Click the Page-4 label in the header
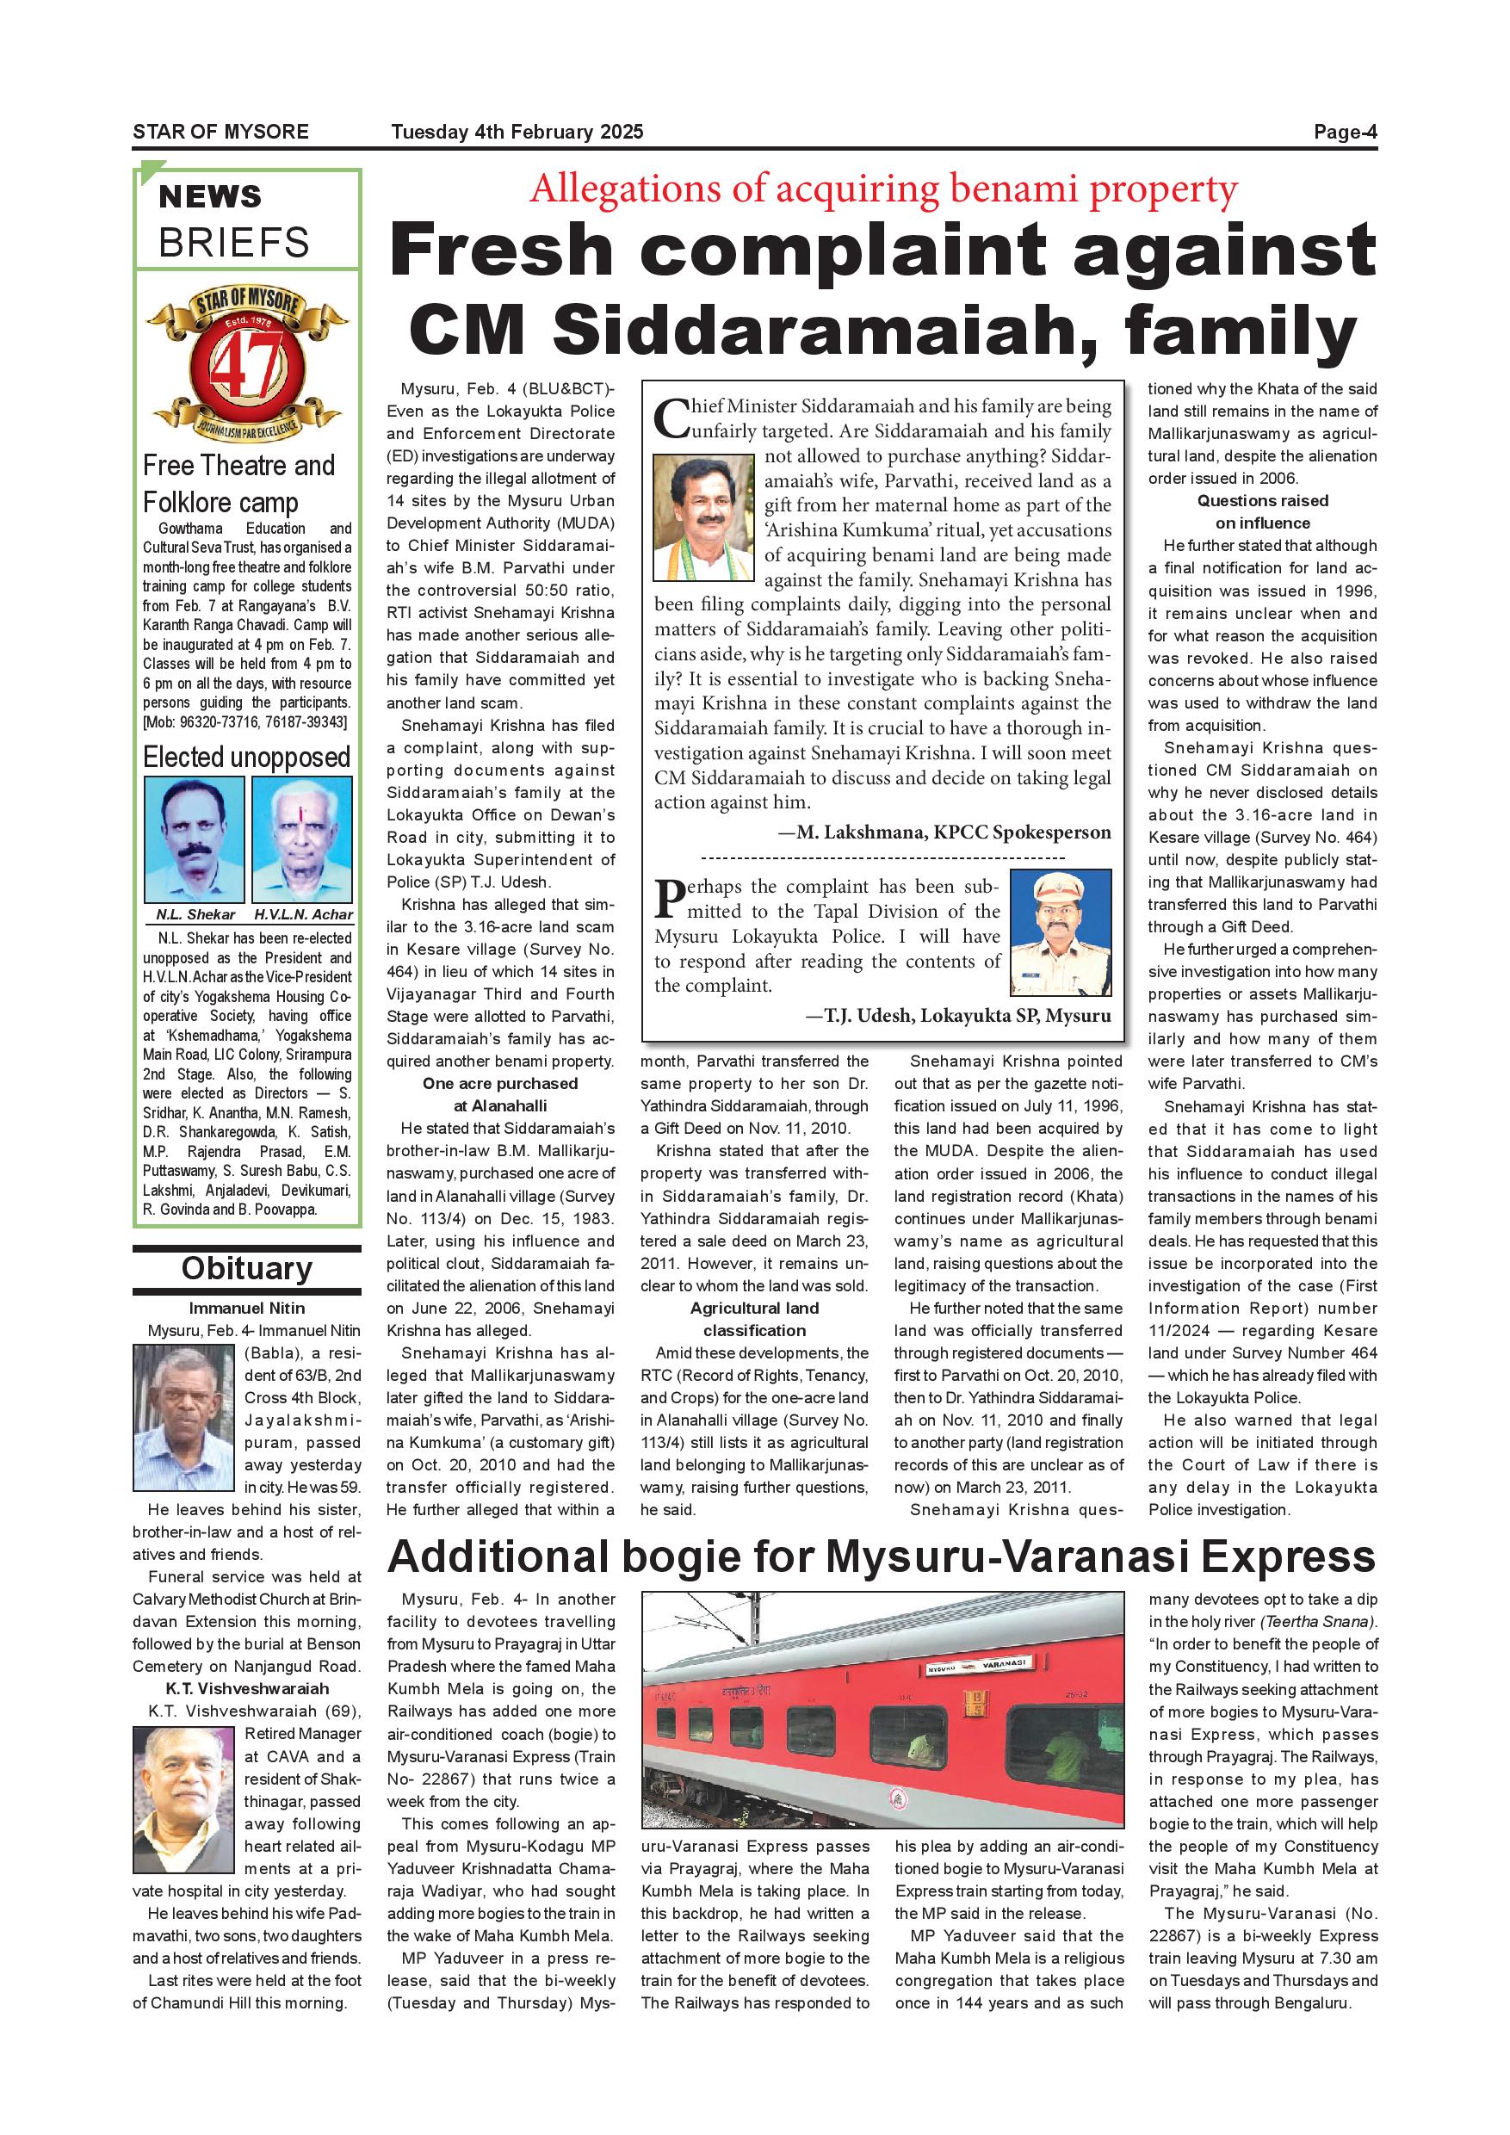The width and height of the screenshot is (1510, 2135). [x=1344, y=132]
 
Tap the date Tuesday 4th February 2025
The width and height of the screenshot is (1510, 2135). [x=517, y=132]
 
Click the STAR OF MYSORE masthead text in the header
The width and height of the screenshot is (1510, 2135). [x=220, y=132]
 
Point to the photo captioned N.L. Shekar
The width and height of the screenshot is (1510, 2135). [x=195, y=839]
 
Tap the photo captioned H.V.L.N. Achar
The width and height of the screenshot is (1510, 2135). [x=302, y=839]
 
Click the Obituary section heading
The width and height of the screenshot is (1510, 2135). [x=246, y=1268]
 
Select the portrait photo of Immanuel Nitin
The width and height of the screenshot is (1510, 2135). [x=185, y=1418]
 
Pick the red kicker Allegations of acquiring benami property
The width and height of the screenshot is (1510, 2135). [x=883, y=189]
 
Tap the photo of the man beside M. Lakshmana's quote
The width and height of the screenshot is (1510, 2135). [x=703, y=517]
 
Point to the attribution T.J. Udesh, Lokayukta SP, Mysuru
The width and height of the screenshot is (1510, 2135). [x=957, y=1016]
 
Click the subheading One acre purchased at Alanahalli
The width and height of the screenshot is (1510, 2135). [x=500, y=1094]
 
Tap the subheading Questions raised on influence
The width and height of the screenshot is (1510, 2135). [x=1262, y=511]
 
